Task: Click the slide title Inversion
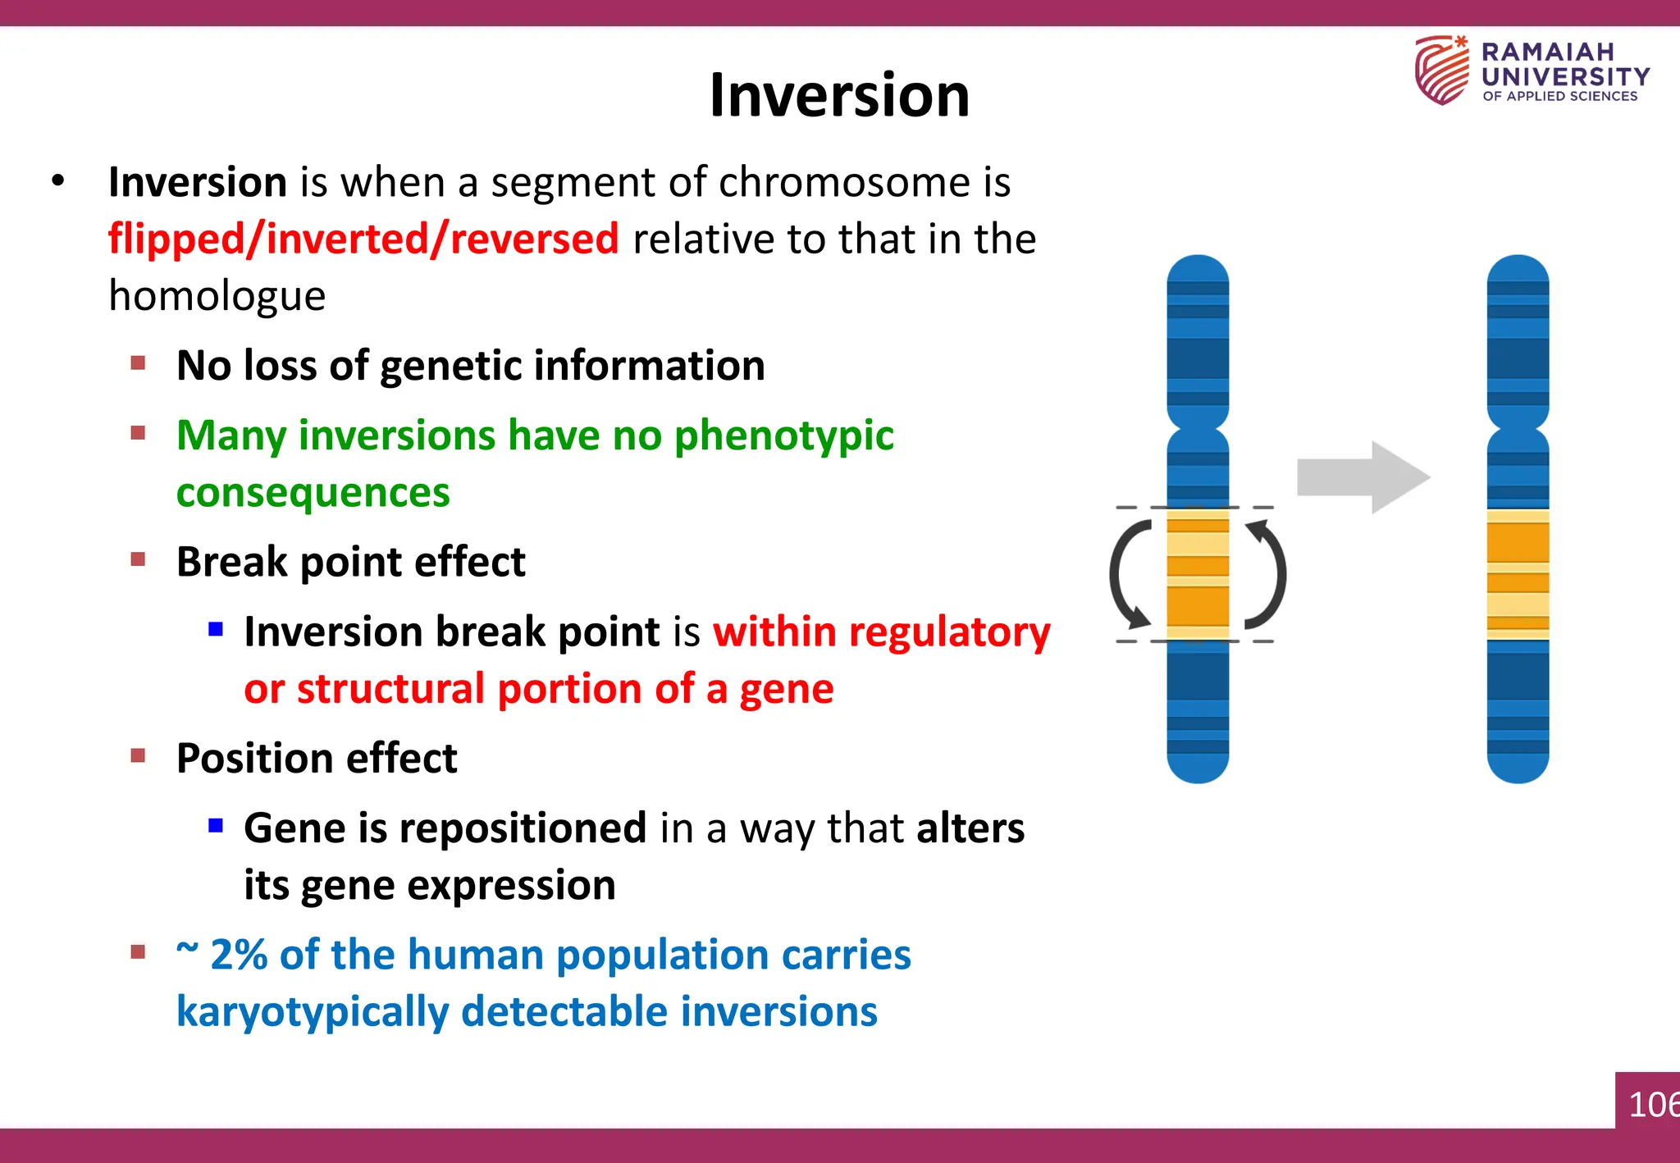(839, 95)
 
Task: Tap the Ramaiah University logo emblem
(1441, 71)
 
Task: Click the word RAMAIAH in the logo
(1547, 52)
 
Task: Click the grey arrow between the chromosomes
(1362, 477)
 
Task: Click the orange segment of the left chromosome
(1198, 574)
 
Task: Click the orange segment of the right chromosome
(1518, 574)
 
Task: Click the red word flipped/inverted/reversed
(363, 239)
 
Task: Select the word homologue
(217, 296)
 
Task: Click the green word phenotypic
(783, 436)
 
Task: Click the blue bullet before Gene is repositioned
(216, 825)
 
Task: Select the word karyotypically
(313, 1012)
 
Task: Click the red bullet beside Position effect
(138, 755)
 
